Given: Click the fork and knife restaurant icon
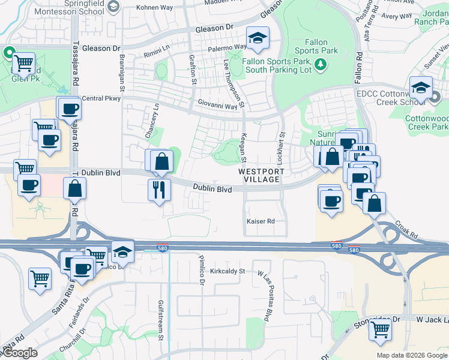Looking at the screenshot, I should coord(160,191).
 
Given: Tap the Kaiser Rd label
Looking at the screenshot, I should coord(261,221).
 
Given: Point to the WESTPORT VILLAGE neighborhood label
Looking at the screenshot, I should coord(259,175).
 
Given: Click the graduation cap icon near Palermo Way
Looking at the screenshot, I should coord(258,38).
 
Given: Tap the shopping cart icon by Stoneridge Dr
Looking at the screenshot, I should coord(380,329).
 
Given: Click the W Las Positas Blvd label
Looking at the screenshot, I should coord(265,295).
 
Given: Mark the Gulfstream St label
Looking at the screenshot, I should coord(160,320).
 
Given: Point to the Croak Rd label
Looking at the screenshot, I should coord(406,230).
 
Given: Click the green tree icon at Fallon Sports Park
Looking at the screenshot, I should coord(322,64).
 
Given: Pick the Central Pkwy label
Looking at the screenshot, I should coord(100,98).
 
